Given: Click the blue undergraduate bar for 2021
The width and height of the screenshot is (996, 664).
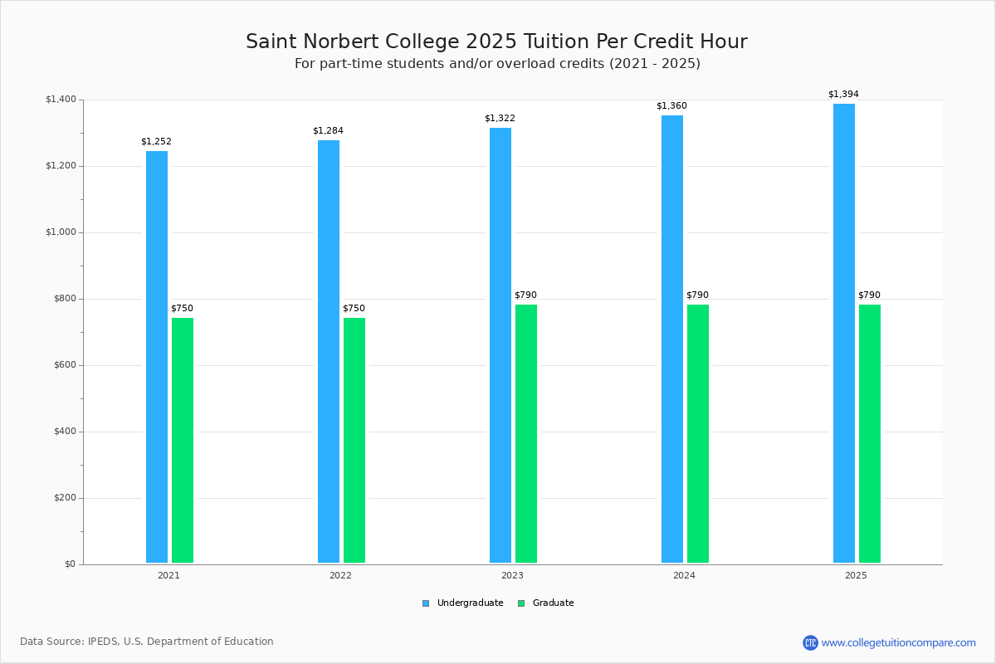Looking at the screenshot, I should [x=157, y=357].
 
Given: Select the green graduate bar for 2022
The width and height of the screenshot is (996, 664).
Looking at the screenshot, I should [x=354, y=440].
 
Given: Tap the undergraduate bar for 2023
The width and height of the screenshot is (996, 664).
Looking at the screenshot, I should [x=500, y=345].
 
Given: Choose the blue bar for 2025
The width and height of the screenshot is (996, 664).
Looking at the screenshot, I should [x=844, y=333].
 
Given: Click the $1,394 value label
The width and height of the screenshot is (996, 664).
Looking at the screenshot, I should [x=843, y=95].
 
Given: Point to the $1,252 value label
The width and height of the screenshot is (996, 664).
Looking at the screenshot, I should [x=156, y=142].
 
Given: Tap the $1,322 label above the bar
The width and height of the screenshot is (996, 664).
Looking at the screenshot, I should [x=500, y=119].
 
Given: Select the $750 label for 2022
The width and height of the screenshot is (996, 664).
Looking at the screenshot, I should [x=354, y=309].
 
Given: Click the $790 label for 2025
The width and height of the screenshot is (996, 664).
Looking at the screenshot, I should [x=869, y=295].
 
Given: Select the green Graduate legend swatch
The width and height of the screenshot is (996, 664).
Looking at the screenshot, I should [x=521, y=603].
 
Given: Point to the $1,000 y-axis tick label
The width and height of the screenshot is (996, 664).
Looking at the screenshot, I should [x=61, y=232].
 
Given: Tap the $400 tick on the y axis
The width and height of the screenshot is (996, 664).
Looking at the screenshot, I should [x=63, y=432].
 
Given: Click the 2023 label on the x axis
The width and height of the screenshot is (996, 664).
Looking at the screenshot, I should [x=512, y=575].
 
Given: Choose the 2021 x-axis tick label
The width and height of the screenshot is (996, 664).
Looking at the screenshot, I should [x=168, y=575].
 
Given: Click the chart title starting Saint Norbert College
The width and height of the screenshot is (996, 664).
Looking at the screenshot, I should [x=496, y=41].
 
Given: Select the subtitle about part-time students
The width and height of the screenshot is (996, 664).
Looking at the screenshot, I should [x=497, y=64].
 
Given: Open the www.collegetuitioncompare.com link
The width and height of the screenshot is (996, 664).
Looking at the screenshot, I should [x=898, y=642].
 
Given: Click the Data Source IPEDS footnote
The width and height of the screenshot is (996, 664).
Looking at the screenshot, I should [x=147, y=642].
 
